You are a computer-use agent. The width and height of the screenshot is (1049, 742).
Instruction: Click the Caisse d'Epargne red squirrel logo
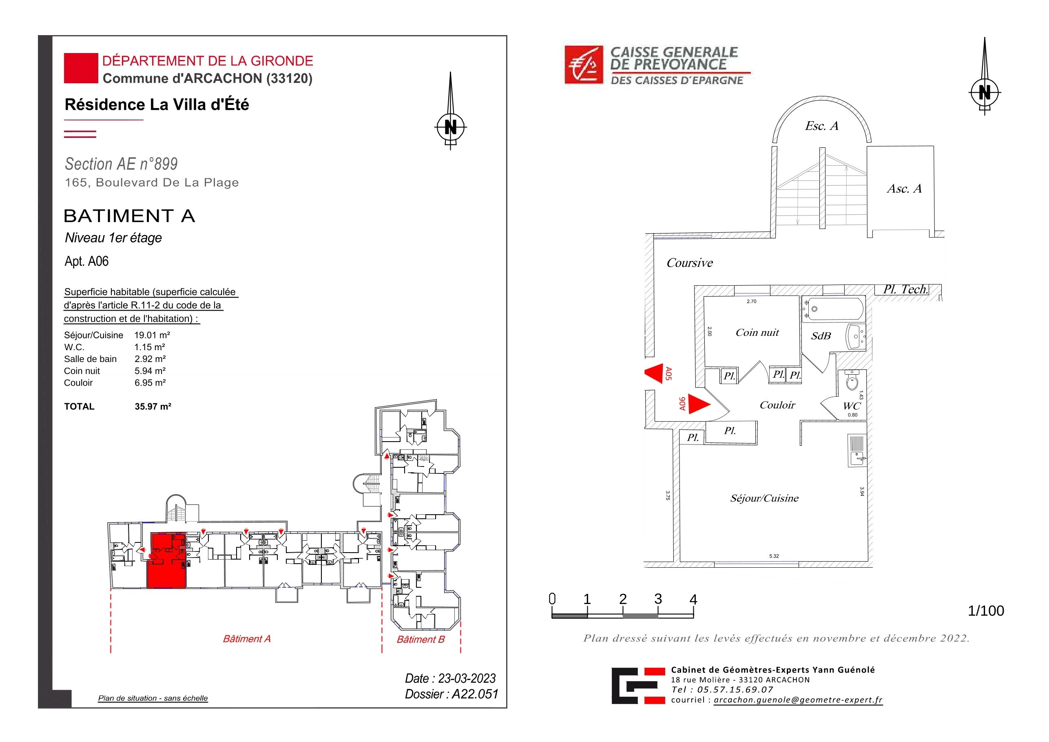click(584, 65)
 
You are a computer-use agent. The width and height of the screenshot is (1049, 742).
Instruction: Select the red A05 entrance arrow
click(654, 373)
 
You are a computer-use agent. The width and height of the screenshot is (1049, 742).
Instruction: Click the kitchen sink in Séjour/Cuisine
click(857, 450)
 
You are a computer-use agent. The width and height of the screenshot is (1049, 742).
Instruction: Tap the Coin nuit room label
click(757, 332)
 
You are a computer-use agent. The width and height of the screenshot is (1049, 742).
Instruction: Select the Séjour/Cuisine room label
click(764, 498)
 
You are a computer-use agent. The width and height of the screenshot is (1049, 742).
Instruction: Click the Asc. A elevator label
click(904, 189)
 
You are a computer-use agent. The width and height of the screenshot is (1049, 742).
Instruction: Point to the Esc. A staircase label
click(821, 126)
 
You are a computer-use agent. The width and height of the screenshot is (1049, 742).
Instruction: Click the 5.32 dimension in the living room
click(774, 556)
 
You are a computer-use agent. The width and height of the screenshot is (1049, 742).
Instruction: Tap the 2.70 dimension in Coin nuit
click(752, 301)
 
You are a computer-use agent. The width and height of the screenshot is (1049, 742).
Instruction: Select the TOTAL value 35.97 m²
click(153, 407)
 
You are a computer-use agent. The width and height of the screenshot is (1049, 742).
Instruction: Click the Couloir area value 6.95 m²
click(150, 383)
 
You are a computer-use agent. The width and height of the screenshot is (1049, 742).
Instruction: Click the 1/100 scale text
click(985, 611)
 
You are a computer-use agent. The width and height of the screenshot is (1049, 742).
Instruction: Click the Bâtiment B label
click(420, 639)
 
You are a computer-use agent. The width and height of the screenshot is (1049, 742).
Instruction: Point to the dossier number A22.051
click(475, 694)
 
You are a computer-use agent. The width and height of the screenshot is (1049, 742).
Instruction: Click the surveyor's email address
click(798, 700)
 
